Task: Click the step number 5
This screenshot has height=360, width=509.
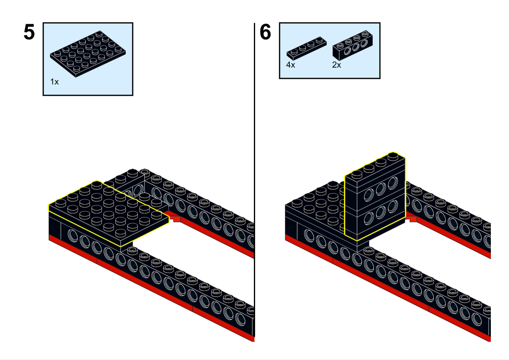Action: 29,32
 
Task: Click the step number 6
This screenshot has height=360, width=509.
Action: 265,32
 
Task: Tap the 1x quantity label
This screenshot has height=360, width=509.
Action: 54,82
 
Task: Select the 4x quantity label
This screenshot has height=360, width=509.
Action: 291,65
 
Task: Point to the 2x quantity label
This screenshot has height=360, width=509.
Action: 337,65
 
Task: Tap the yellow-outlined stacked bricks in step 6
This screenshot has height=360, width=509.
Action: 375,197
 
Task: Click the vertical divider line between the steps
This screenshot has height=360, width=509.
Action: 255,181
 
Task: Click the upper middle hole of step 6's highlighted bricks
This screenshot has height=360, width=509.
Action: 380,189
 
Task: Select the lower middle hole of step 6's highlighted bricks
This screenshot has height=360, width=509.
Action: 380,213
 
